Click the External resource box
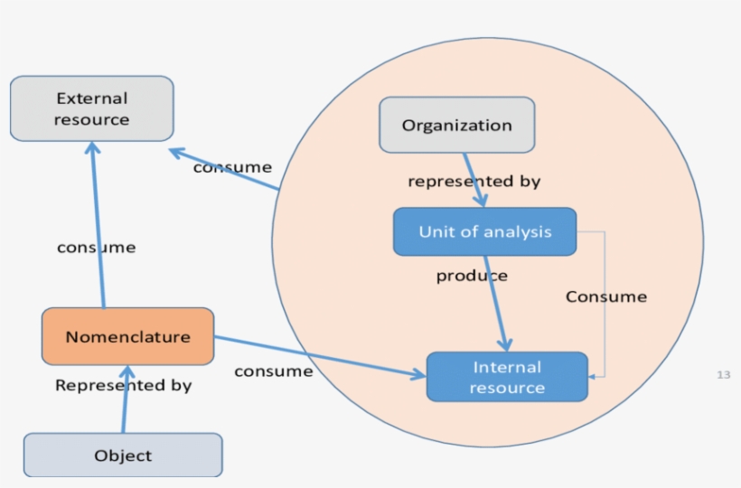coord(91,108)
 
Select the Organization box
coord(456,125)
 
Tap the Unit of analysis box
coord(484,231)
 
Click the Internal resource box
coord(506,377)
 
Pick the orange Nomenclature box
coord(127,336)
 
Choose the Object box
coord(123,455)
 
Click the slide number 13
coord(723,374)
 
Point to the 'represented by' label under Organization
coord(474,182)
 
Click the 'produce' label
coord(472,276)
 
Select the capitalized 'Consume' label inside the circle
coord(606,296)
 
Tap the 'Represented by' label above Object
coord(124,385)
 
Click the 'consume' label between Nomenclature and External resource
coord(96,247)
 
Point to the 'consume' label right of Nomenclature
coord(273,371)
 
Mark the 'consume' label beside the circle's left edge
coord(232,167)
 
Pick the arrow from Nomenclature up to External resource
coord(97,226)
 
